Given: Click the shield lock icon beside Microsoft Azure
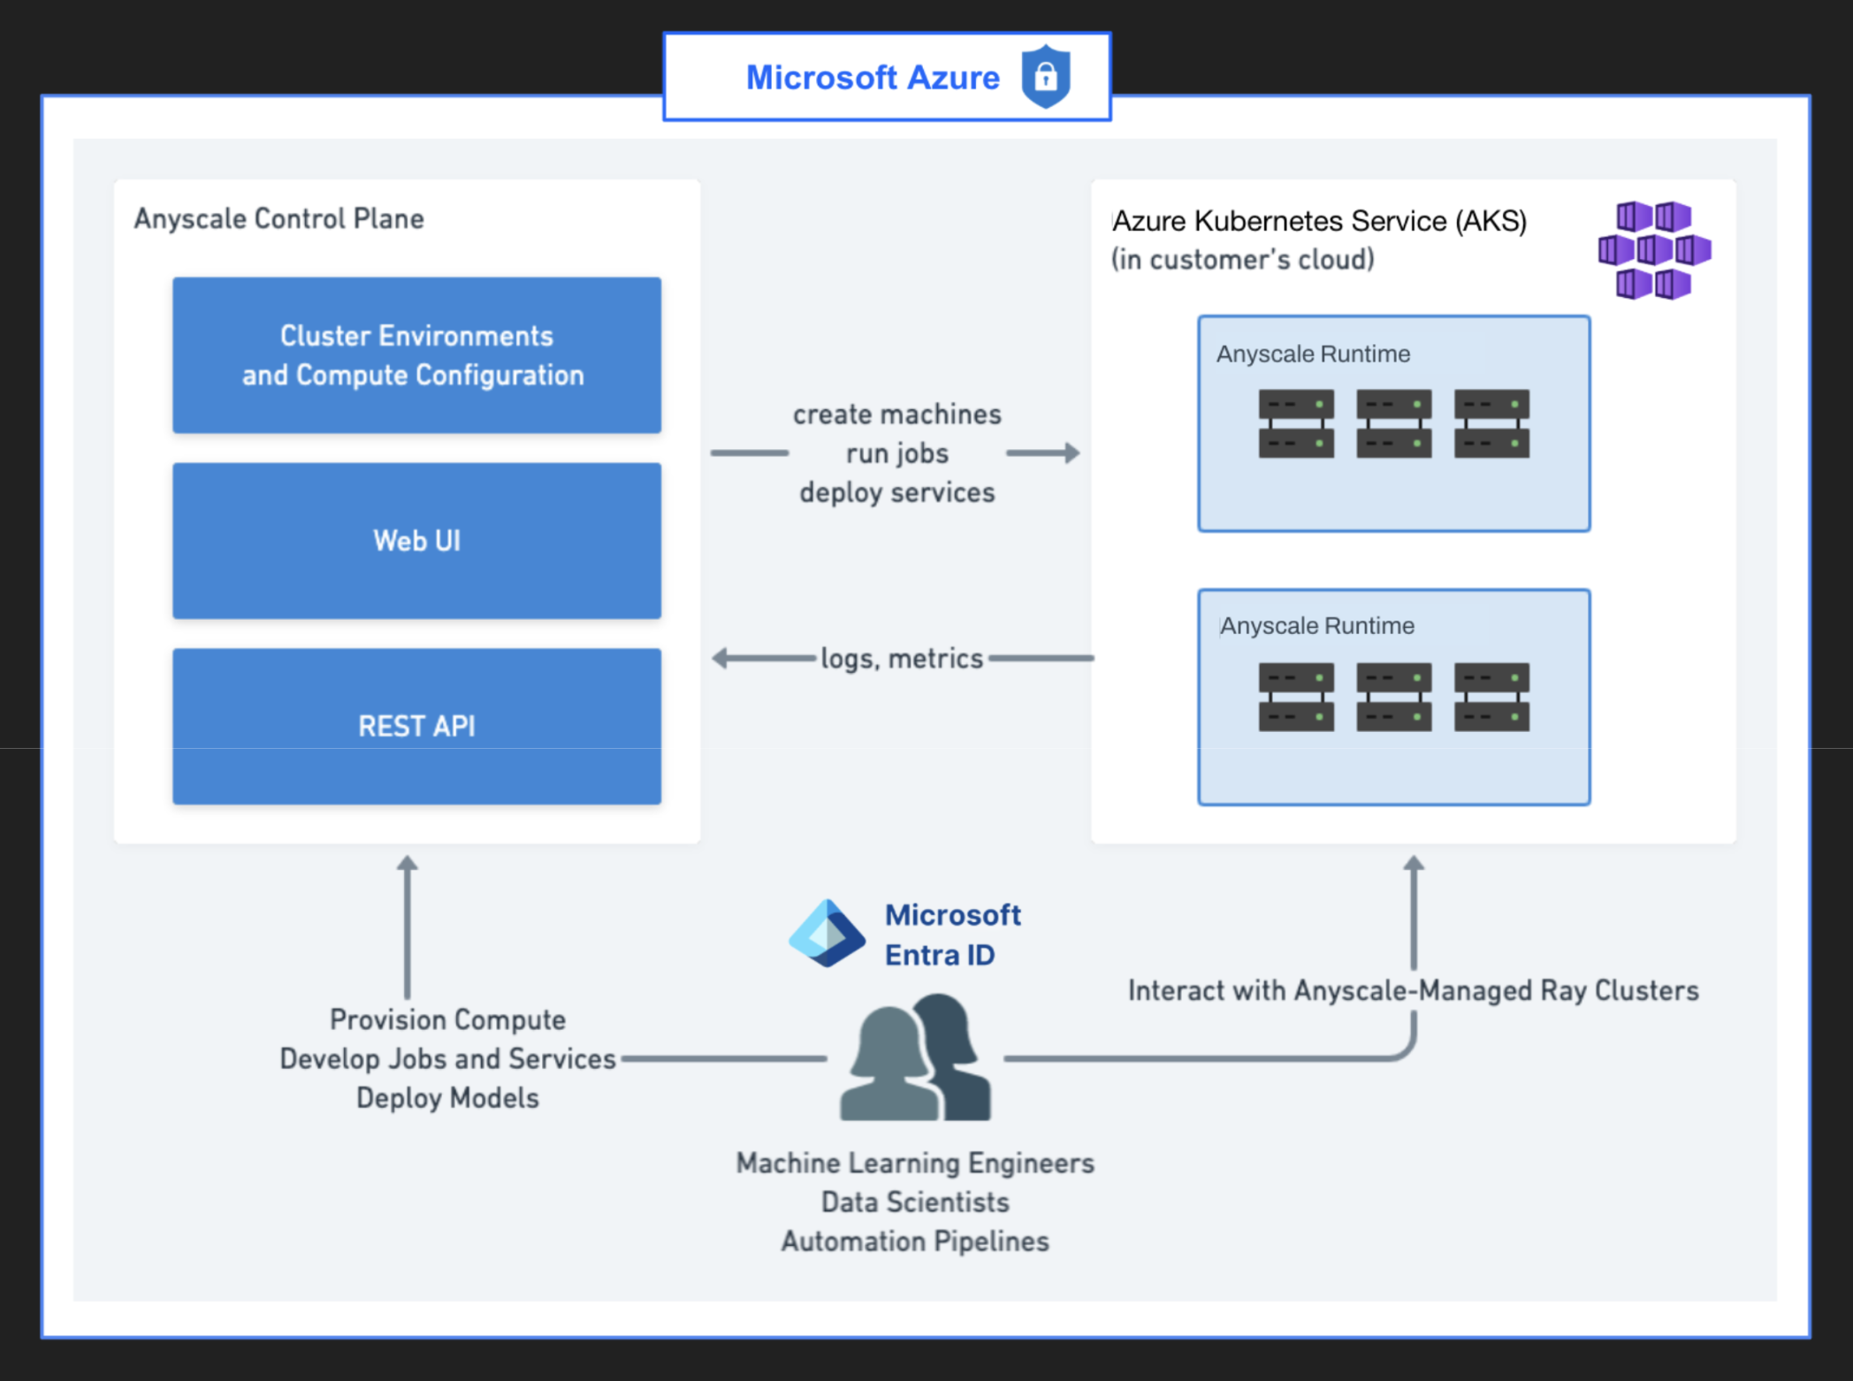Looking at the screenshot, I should (x=1046, y=77).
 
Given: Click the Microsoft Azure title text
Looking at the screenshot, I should (x=873, y=78).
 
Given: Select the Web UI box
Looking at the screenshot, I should (x=416, y=540).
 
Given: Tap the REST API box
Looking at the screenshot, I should (x=416, y=726).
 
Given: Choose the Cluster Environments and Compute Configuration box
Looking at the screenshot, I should (x=416, y=355).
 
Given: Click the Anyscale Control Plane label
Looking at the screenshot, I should (x=278, y=218).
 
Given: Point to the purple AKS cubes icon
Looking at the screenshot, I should (x=1654, y=250).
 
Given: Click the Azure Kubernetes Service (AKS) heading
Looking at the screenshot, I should (x=1319, y=221).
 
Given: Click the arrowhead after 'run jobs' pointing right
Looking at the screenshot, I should (x=1071, y=453).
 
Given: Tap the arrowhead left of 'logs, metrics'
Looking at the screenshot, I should (x=721, y=658).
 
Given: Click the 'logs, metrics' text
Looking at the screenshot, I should (x=901, y=659).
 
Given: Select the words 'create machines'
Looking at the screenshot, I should (x=896, y=415).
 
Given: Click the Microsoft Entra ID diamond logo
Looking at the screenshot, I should (x=827, y=934).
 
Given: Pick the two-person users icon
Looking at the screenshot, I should (x=916, y=1057).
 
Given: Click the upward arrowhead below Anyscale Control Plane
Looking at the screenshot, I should (x=407, y=864).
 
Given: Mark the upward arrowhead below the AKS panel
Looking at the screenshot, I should (x=1414, y=864).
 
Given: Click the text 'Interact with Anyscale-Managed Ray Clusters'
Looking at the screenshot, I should (x=1413, y=991).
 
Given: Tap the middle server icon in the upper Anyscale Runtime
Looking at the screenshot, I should (x=1393, y=423).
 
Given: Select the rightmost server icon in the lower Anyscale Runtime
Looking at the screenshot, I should (x=1491, y=697).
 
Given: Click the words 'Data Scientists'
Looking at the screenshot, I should (x=915, y=1202).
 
